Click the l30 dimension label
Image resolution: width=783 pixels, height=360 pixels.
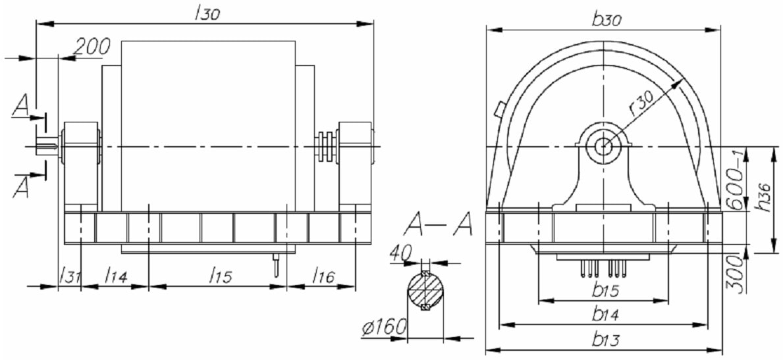click(207, 14)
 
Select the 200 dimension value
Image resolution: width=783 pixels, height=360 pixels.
click(92, 47)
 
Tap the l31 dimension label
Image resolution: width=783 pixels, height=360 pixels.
click(68, 275)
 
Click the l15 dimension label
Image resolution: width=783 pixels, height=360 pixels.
click(221, 275)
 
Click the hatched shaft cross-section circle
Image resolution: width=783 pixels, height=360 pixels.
click(425, 292)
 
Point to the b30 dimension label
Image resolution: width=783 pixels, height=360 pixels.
click(605, 19)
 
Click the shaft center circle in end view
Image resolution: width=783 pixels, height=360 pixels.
click(604, 145)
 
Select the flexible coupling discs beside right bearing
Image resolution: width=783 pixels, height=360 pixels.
click(325, 146)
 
